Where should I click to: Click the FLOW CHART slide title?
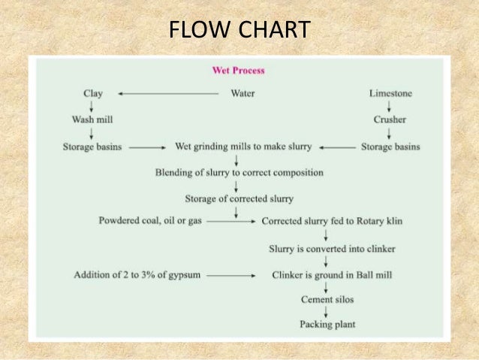(x=239, y=30)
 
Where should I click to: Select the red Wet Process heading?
(x=239, y=71)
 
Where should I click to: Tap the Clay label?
(x=92, y=93)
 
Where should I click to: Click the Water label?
(x=242, y=93)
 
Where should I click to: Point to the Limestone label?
(x=390, y=93)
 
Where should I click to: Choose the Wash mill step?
(x=92, y=119)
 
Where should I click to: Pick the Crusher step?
(x=390, y=119)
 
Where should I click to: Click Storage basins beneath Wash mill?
(x=92, y=147)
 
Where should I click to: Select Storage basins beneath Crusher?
(x=390, y=147)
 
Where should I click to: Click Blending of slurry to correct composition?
(x=239, y=172)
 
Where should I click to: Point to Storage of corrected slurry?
(x=239, y=198)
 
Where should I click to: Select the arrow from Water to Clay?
(x=169, y=93)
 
